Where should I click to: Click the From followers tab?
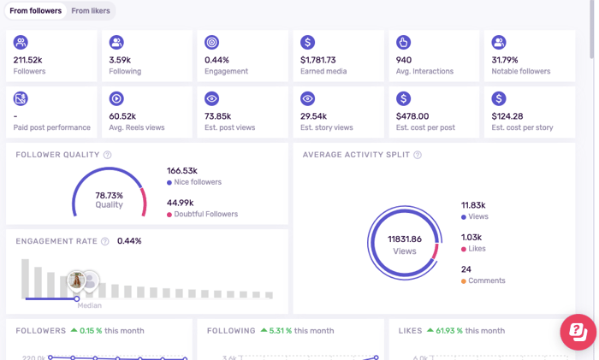35,11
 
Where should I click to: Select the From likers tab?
90,11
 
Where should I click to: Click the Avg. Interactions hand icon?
404,42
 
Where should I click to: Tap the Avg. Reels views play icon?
116,99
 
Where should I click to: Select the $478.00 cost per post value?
412,116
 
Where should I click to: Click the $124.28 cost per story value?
507,116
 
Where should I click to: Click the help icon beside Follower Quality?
107,155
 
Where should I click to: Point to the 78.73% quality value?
109,195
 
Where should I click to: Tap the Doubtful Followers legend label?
206,214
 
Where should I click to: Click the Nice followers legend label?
198,182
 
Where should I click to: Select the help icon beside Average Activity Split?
418,155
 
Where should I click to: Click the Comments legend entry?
487,280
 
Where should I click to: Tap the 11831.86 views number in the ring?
405,239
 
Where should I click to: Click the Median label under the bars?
89,305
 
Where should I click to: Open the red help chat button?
578,333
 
